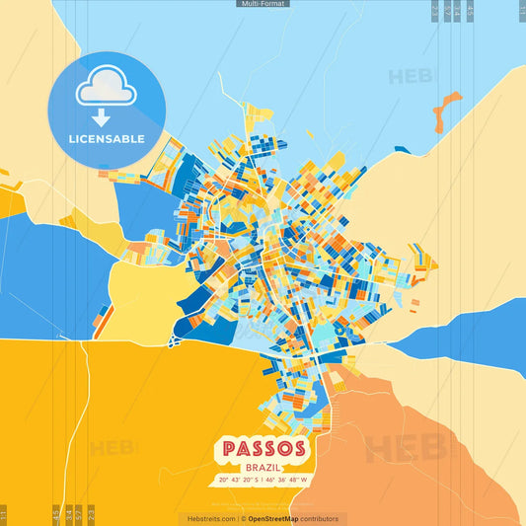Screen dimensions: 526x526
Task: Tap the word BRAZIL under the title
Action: pos(263,466)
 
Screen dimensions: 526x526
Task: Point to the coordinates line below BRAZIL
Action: pos(263,481)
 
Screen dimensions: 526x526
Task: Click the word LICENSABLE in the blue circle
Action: pos(107,139)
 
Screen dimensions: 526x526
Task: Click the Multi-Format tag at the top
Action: pos(263,4)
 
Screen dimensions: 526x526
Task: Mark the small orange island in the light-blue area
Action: pos(447,111)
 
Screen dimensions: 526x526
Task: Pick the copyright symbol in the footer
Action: pos(243,518)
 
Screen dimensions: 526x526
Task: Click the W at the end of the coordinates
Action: pos(305,481)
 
